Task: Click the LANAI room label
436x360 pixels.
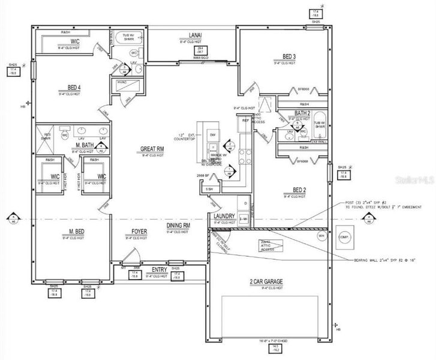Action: click(194, 36)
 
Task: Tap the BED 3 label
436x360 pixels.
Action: click(289, 57)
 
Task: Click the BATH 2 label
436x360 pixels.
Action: click(302, 113)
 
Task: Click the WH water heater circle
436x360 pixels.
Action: click(322, 236)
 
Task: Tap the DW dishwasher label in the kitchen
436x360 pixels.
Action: click(213, 135)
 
